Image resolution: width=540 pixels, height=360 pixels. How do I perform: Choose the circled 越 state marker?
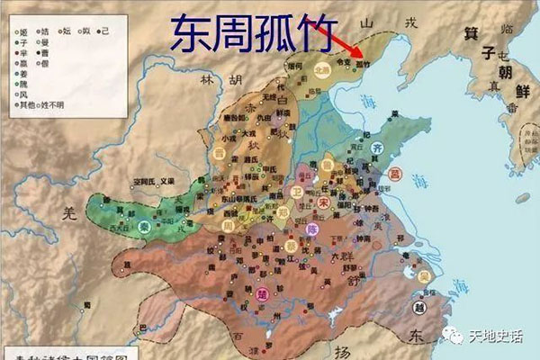[420, 306]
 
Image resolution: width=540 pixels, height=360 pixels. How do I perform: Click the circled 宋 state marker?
[322, 203]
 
